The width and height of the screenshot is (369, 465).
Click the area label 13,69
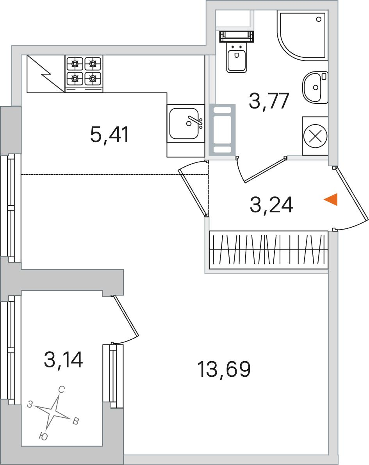click(x=224, y=369)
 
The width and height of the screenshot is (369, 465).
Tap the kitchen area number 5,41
click(x=109, y=135)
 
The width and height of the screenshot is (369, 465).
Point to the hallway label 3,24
click(x=271, y=205)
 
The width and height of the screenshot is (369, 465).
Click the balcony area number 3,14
click(x=63, y=360)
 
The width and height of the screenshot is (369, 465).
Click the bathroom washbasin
click(x=315, y=87)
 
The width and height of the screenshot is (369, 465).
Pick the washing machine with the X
click(x=315, y=136)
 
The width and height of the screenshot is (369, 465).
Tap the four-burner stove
click(x=84, y=74)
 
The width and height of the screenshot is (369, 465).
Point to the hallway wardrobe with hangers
click(x=269, y=250)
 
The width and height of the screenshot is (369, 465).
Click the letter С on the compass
click(x=61, y=390)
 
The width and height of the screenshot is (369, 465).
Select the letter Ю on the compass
click(x=43, y=436)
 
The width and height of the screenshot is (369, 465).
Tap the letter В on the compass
click(x=76, y=421)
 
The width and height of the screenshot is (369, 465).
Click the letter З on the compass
click(x=30, y=404)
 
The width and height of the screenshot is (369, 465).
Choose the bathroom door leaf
click(x=265, y=170)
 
